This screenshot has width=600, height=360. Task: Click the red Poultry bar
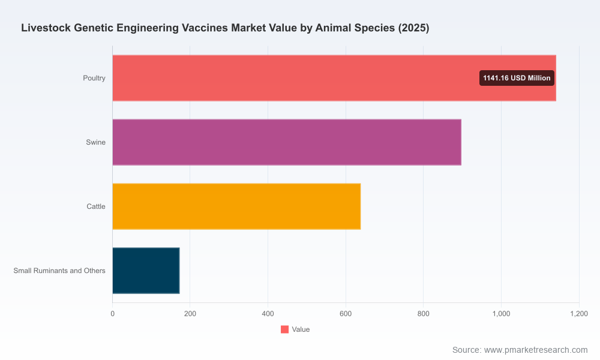coord(334,78)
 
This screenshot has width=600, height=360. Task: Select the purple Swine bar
coord(287,142)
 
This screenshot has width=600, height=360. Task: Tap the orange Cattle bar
coord(236,206)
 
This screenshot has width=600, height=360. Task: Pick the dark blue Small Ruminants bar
coord(146,271)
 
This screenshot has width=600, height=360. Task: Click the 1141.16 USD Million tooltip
coord(517,78)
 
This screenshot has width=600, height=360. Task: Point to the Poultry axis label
coord(94,78)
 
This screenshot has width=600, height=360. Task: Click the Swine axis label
coord(95,142)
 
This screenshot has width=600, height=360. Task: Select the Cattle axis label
coord(95,206)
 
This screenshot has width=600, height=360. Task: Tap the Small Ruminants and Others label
coord(59,271)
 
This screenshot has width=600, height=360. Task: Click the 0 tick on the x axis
coord(113,314)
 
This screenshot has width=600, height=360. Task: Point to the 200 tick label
coord(190,314)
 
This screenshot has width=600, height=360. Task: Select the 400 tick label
coord(268,314)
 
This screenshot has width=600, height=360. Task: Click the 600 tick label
coord(346,314)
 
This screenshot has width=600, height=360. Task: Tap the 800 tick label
coord(423,314)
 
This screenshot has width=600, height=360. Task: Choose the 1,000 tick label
coord(501,314)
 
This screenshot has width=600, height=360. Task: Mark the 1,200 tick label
coord(579,314)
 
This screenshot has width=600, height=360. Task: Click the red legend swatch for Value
coord(284,329)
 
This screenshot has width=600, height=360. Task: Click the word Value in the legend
coord(301,329)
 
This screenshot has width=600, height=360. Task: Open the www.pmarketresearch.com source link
coord(536,350)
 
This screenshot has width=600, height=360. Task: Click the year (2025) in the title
coord(413,28)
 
